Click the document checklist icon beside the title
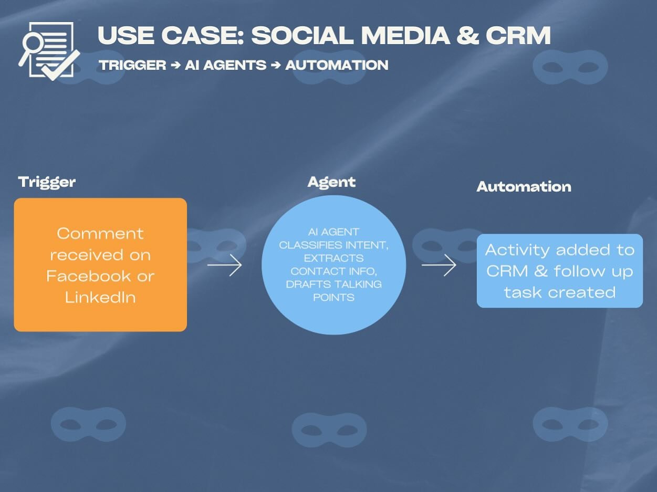(x=49, y=51)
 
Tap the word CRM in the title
(x=518, y=36)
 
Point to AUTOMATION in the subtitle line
(x=337, y=65)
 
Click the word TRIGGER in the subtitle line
(x=132, y=65)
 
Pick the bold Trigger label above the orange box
(x=47, y=182)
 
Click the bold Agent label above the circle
(x=331, y=182)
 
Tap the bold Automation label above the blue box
(x=524, y=187)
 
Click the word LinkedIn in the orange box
(x=100, y=297)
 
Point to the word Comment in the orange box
(x=100, y=233)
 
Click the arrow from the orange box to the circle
(x=224, y=265)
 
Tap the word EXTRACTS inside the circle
(x=334, y=258)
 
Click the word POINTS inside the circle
(x=333, y=298)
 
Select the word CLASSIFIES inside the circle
(x=310, y=245)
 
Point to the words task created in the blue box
(x=559, y=292)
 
